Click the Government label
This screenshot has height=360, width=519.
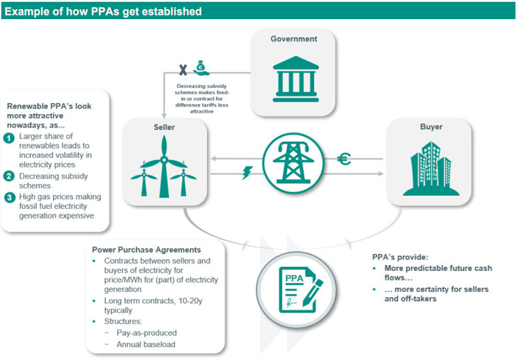(x=294, y=39)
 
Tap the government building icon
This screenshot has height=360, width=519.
(x=294, y=76)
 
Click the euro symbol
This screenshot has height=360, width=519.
(x=344, y=159)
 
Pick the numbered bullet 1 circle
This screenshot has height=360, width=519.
(x=9, y=137)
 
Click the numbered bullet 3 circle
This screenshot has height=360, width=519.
(x=9, y=196)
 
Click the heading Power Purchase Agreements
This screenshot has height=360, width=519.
(x=146, y=249)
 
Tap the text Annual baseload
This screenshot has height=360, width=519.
(x=140, y=344)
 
